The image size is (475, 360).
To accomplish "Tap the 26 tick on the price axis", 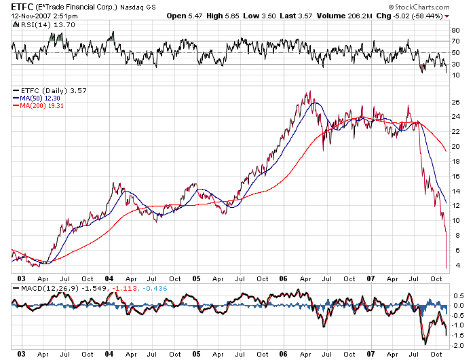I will (456, 102).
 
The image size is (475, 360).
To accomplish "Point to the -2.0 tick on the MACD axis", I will (458, 345).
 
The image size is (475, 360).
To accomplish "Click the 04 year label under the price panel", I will (110, 278).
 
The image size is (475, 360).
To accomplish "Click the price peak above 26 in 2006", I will (309, 92).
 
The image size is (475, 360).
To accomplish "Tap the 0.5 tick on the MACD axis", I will (457, 296).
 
